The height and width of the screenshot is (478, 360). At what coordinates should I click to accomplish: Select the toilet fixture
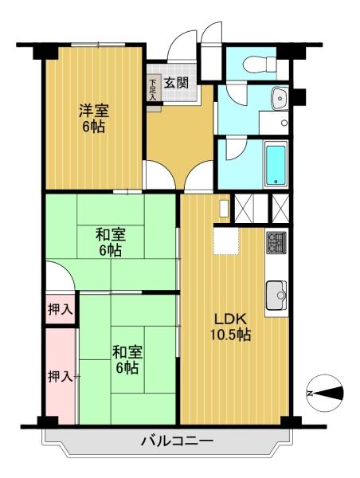(x=258, y=64)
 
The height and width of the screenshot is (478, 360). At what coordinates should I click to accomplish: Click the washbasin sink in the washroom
(x=278, y=99)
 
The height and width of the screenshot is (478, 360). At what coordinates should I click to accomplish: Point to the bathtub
(x=275, y=163)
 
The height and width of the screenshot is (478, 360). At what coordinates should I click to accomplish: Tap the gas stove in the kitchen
(x=275, y=241)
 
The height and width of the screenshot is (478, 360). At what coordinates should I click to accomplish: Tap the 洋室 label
(x=92, y=109)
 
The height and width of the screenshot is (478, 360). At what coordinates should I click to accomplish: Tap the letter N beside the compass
(x=310, y=391)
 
